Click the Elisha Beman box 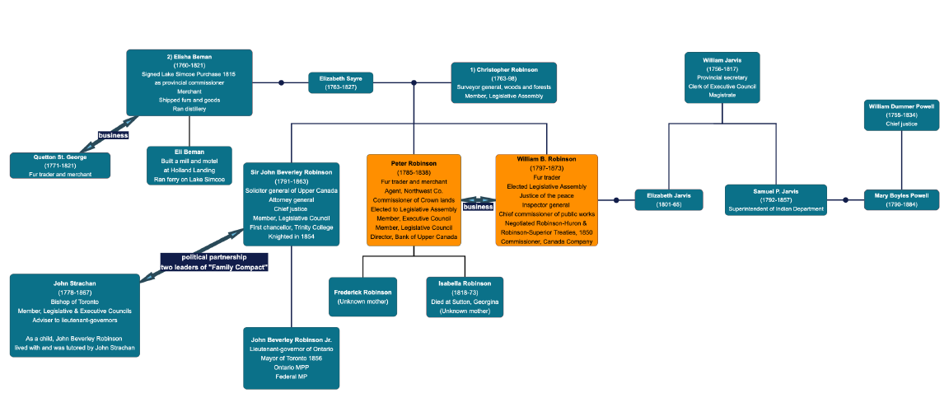[189, 82]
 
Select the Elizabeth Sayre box [340, 82]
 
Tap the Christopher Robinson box [503, 82]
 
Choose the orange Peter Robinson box [414, 199]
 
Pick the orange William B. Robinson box [546, 199]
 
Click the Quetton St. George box [59, 165]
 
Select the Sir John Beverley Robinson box [292, 204]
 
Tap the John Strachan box [75, 316]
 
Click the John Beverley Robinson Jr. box [292, 358]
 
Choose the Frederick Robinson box [362, 297]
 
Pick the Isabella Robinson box [465, 297]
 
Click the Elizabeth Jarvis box [669, 199]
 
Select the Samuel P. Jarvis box [775, 199]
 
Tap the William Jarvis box [722, 77]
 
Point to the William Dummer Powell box [901, 115]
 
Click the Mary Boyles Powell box [901, 199]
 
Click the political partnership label [214, 263]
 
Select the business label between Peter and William [478, 206]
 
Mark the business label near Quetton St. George [113, 135]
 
